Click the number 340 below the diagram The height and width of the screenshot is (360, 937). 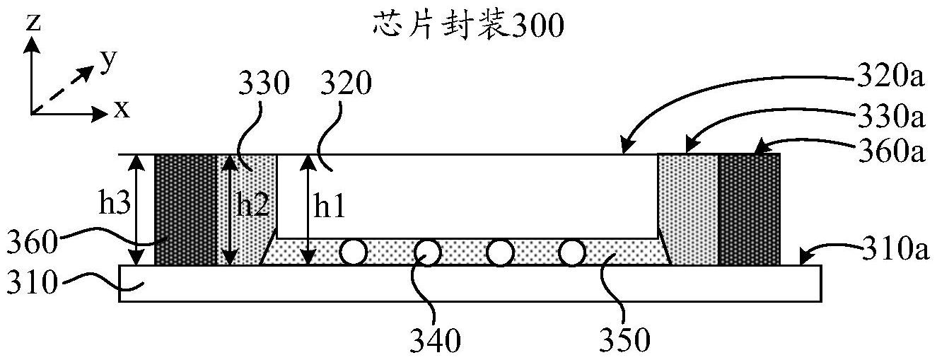click(x=434, y=341)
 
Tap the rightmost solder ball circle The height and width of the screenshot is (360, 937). click(x=572, y=252)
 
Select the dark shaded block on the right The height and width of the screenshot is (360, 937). click(x=750, y=209)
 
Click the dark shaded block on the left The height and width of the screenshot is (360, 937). click(x=185, y=209)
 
